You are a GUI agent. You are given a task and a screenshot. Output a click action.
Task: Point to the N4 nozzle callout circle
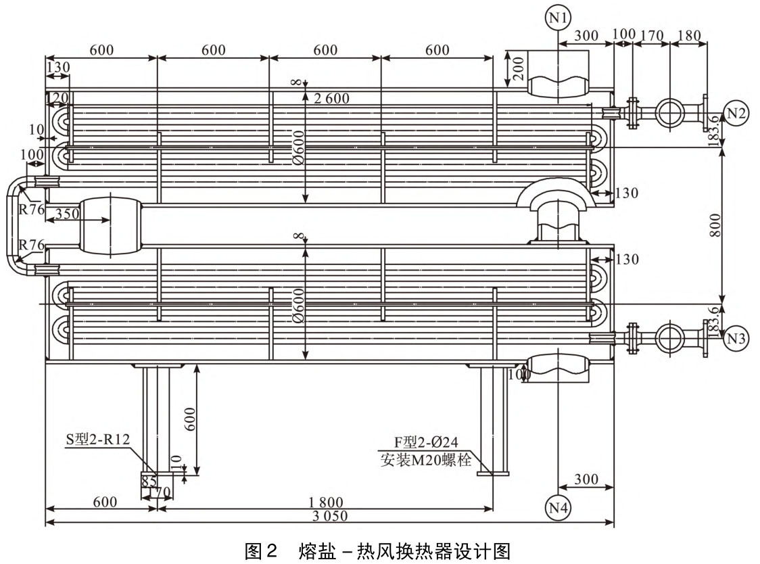[557, 507]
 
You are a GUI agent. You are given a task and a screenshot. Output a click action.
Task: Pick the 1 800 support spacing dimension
[326, 502]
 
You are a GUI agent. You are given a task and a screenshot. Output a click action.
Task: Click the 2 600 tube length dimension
[331, 99]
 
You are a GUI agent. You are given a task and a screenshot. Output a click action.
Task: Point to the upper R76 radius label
[32, 209]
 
